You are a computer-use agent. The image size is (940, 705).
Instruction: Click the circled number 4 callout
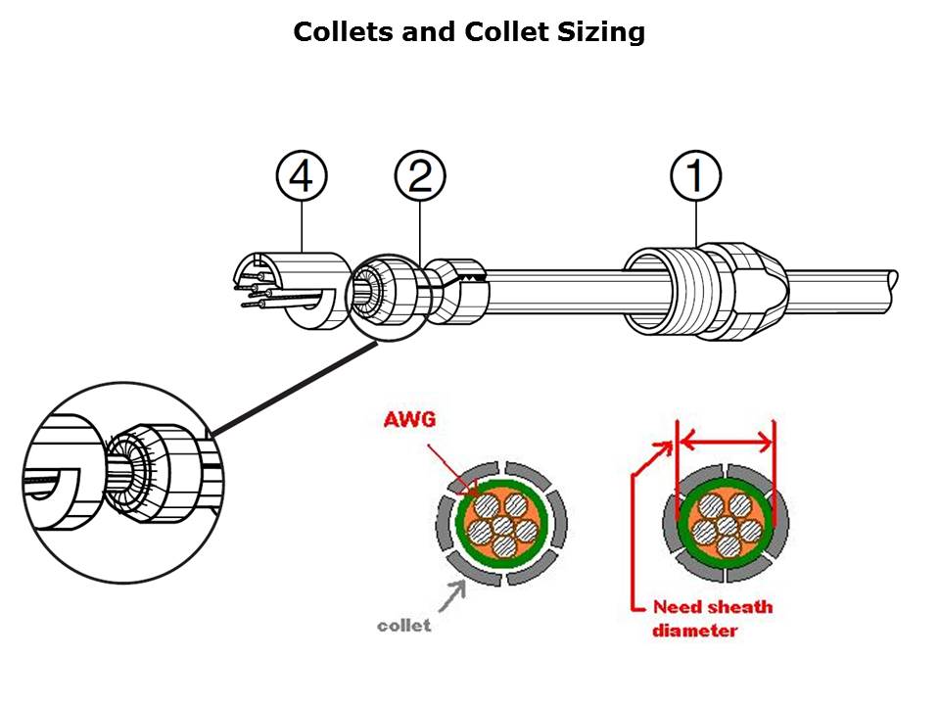(x=302, y=176)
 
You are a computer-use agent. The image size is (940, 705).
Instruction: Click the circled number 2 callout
(x=420, y=176)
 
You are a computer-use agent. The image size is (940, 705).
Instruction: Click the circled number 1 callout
(x=695, y=176)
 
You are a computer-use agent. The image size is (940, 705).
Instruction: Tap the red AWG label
(x=409, y=418)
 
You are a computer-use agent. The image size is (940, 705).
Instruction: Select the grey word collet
(x=404, y=626)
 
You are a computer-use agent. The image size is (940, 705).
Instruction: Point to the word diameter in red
(x=695, y=631)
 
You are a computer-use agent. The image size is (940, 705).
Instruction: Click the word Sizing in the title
(x=601, y=31)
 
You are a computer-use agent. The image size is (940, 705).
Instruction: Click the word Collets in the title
(x=344, y=31)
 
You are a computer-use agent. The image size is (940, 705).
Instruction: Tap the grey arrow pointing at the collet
(x=452, y=596)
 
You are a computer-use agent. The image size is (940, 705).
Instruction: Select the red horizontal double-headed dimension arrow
(x=726, y=443)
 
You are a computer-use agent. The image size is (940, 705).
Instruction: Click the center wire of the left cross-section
(x=502, y=528)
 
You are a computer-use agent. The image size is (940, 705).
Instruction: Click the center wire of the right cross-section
(x=727, y=527)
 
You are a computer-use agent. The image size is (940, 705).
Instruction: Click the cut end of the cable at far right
(x=893, y=292)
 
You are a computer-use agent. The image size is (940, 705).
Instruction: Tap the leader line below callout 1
(x=696, y=223)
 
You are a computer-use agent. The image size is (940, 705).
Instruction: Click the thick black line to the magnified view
(x=294, y=388)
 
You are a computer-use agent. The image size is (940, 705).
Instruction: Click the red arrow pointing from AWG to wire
(x=452, y=468)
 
